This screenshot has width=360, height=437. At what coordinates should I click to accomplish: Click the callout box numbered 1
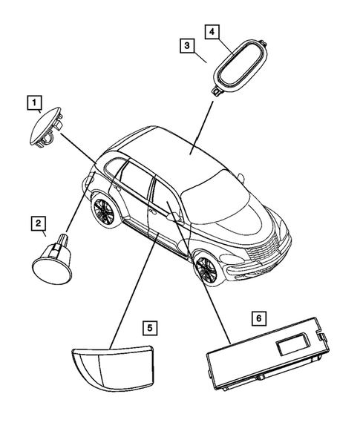click(x=33, y=101)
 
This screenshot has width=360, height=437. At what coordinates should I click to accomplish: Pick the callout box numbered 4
click(x=212, y=32)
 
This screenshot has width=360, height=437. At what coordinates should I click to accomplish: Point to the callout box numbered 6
click(x=258, y=318)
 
